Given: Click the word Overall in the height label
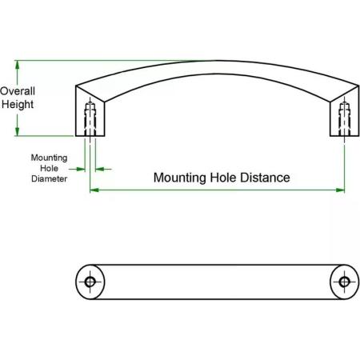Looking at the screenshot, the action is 18,91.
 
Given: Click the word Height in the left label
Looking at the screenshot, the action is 18,104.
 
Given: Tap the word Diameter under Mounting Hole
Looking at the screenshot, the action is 49,178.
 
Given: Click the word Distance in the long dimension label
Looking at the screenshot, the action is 265,178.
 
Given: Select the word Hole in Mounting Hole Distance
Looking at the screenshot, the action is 223,178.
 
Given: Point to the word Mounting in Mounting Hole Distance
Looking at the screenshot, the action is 180,178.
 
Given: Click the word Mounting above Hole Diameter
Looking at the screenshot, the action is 49,158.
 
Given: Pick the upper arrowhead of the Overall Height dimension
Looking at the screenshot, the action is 18,65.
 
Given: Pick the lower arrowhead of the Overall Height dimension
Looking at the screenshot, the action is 18,131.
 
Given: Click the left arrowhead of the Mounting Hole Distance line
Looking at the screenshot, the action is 94,190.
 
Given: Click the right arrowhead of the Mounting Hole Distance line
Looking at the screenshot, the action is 340,190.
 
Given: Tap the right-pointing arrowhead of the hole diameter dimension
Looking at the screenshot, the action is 81,169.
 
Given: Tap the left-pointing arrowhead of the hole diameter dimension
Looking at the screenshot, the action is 99,169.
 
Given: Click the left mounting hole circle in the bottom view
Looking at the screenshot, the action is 90,282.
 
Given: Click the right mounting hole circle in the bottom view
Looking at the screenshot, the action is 345,282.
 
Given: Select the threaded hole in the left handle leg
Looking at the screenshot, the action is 90,119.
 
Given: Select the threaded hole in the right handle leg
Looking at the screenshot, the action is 345,119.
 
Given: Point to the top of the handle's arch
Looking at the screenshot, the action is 217,61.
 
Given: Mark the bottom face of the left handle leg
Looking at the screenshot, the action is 90,136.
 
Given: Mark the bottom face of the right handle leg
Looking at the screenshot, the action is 345,136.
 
